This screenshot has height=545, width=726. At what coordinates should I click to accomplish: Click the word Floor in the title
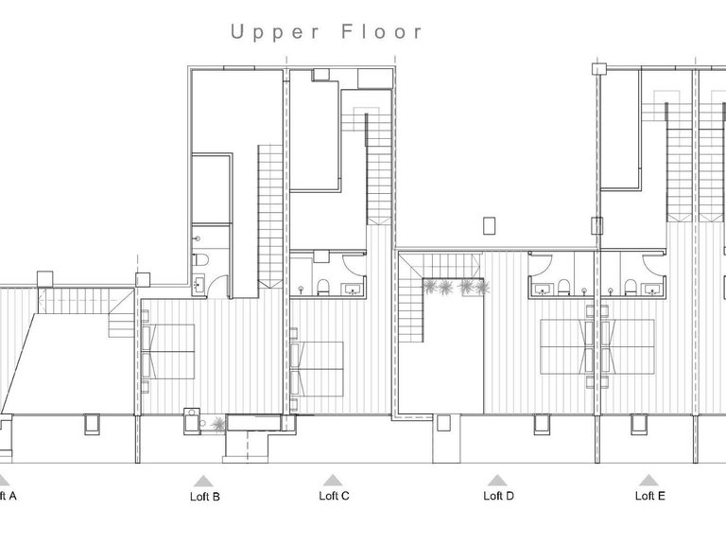385,32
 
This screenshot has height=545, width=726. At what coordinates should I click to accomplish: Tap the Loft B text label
203,496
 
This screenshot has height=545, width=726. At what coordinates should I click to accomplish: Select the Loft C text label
334,496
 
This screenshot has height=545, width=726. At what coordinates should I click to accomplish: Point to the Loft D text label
498,496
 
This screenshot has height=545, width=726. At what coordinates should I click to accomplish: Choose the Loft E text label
649,496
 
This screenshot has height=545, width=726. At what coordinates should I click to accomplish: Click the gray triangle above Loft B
202,481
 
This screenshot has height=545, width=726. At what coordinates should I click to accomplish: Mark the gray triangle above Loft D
497,481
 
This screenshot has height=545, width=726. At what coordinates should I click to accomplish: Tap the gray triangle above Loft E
648,481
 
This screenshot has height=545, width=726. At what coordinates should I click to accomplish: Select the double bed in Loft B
168,351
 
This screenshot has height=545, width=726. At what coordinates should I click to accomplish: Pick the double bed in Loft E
627,347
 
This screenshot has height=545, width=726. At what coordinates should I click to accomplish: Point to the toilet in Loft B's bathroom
198,260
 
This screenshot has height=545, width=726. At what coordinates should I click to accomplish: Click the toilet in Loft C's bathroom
322,287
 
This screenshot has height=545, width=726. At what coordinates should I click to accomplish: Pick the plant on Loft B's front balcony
219,424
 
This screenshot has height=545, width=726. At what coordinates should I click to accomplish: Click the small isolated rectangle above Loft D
488,225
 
